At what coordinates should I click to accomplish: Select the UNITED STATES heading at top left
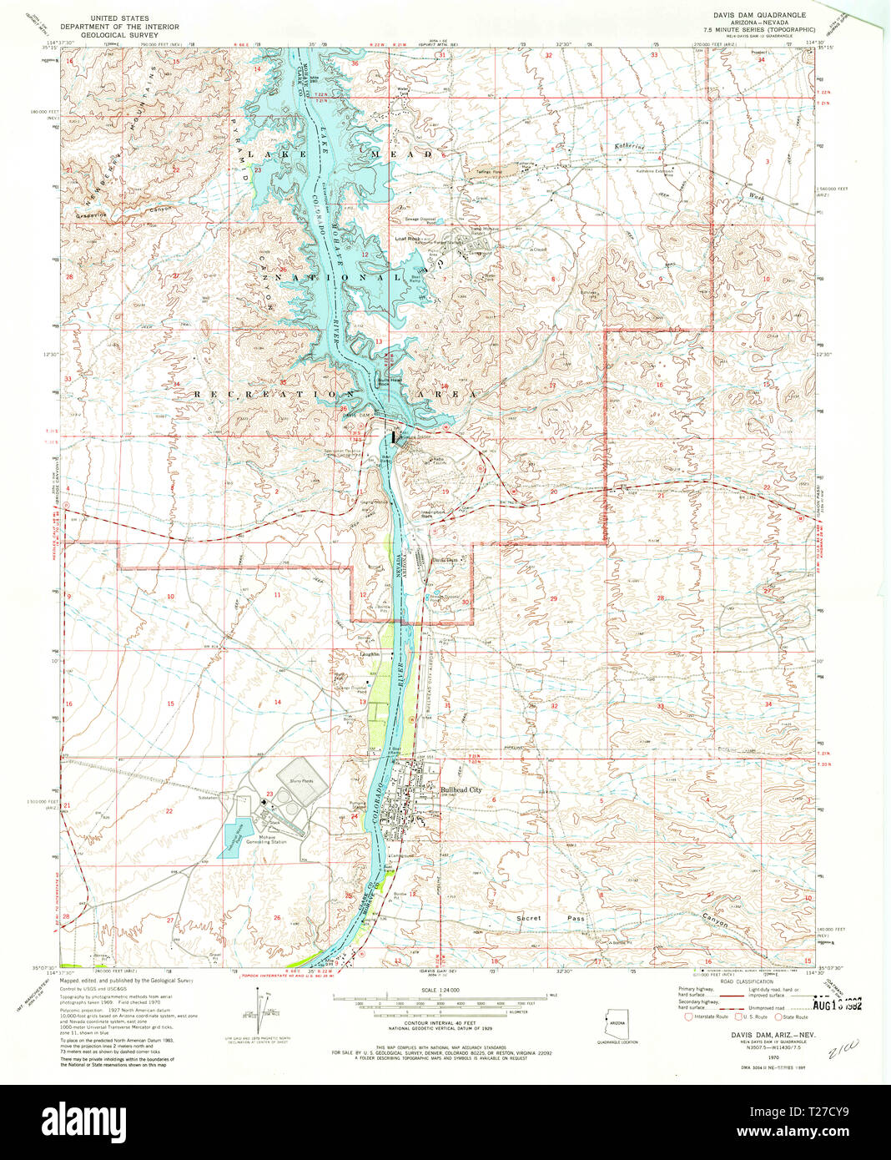pos(119,18)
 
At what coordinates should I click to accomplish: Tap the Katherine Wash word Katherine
pos(631,147)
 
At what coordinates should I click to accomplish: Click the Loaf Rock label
pos(406,238)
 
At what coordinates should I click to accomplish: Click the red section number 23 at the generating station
pos(269,794)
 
